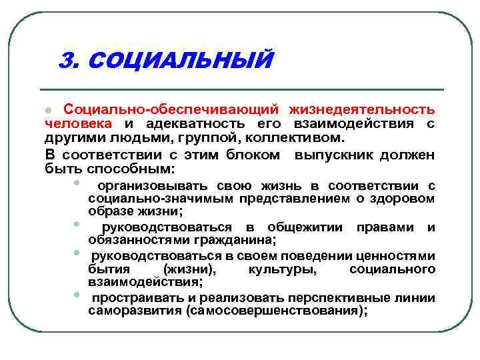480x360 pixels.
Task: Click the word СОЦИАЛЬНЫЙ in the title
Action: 180,61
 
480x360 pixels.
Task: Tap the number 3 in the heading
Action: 65,61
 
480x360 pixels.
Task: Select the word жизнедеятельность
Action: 362,109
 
